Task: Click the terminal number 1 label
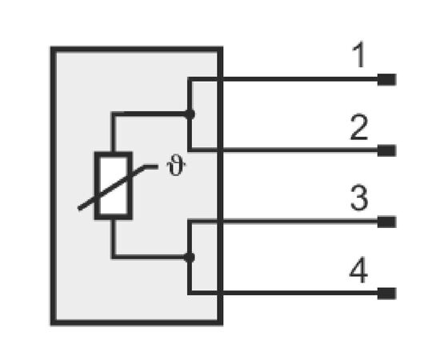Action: [x=359, y=54]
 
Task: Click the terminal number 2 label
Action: [x=359, y=127]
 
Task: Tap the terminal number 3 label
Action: [x=359, y=198]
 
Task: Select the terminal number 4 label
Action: [x=358, y=270]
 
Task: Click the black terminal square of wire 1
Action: [x=386, y=79]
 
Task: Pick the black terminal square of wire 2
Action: [x=386, y=150]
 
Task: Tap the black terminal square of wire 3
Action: [x=386, y=222]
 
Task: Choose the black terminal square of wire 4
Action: [x=386, y=294]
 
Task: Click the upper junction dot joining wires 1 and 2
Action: [x=190, y=114]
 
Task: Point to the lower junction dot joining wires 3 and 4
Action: [x=190, y=258]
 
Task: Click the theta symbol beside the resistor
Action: [x=176, y=166]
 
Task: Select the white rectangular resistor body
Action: [x=114, y=186]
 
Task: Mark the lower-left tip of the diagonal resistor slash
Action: [x=79, y=209]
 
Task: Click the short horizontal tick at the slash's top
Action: [x=151, y=166]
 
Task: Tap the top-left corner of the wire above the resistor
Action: [x=114, y=114]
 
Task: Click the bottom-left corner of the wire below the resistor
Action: [x=114, y=257]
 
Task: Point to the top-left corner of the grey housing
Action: [x=54, y=50]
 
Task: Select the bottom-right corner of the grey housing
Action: [x=220, y=322]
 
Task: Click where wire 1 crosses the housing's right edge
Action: [x=220, y=79]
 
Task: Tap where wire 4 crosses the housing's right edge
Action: [x=220, y=293]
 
